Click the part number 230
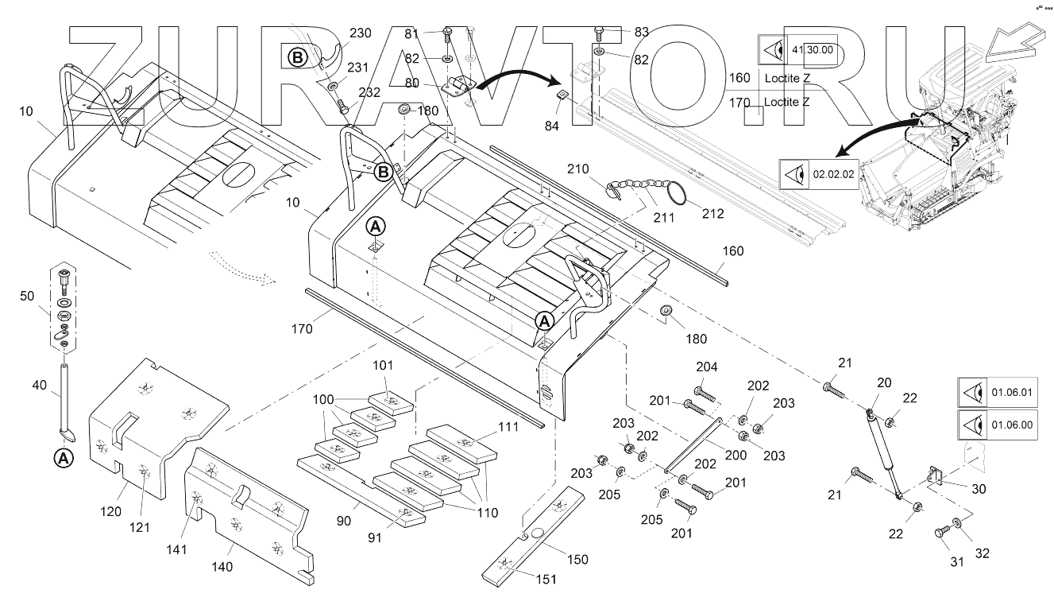point(360,33)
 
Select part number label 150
point(577,559)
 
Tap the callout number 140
point(222,567)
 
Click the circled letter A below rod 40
point(62,458)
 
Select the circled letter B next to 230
point(296,57)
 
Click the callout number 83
point(641,32)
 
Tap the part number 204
point(706,367)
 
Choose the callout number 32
point(983,553)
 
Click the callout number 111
point(508,427)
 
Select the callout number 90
point(345,520)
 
